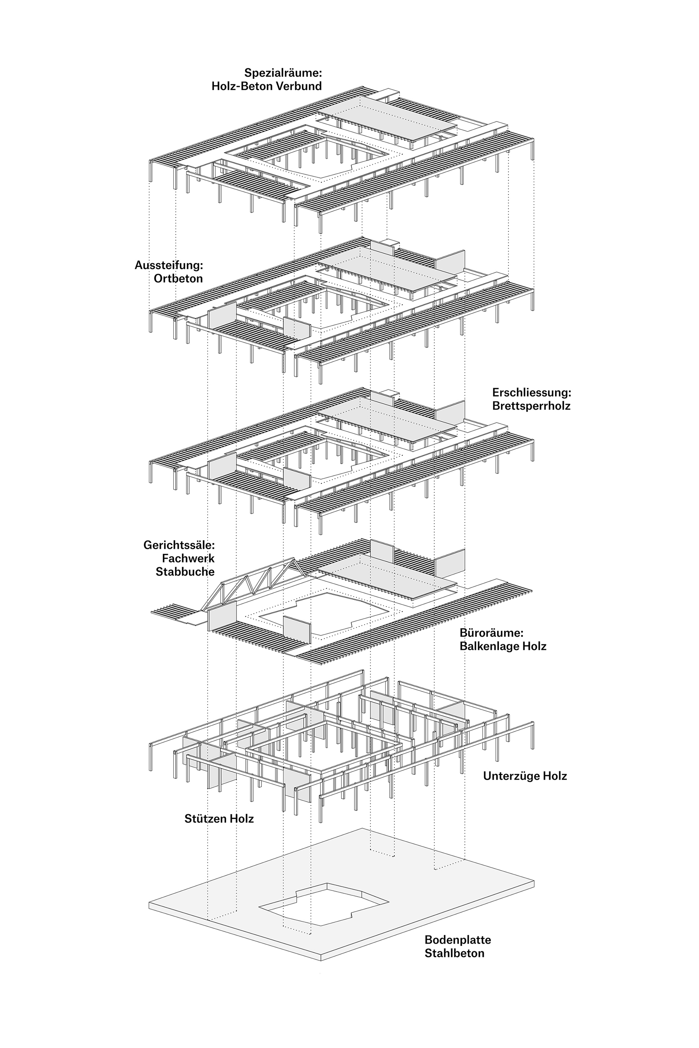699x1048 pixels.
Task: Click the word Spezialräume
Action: click(x=282, y=73)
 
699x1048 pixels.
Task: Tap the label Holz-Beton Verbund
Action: click(x=266, y=86)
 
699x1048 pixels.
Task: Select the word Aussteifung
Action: click(x=168, y=265)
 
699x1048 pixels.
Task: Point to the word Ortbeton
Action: click(x=178, y=279)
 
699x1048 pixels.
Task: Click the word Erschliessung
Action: click(x=531, y=392)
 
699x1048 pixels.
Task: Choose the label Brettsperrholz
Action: click(x=531, y=406)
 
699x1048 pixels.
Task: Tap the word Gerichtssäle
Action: click(x=179, y=545)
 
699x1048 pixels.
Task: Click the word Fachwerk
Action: click(x=188, y=558)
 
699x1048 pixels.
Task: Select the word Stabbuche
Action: click(x=185, y=572)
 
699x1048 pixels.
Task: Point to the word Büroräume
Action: click(x=491, y=633)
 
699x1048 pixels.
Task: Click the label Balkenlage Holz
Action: click(x=502, y=646)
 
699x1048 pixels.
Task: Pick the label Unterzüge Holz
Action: click(x=525, y=776)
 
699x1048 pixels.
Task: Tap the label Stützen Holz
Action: click(x=219, y=819)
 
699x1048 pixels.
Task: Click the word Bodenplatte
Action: click(x=457, y=940)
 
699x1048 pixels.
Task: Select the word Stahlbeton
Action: click(x=454, y=954)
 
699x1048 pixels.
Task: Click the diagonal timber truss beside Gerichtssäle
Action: click(x=254, y=584)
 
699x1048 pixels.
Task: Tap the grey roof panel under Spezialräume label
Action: click(x=388, y=118)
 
